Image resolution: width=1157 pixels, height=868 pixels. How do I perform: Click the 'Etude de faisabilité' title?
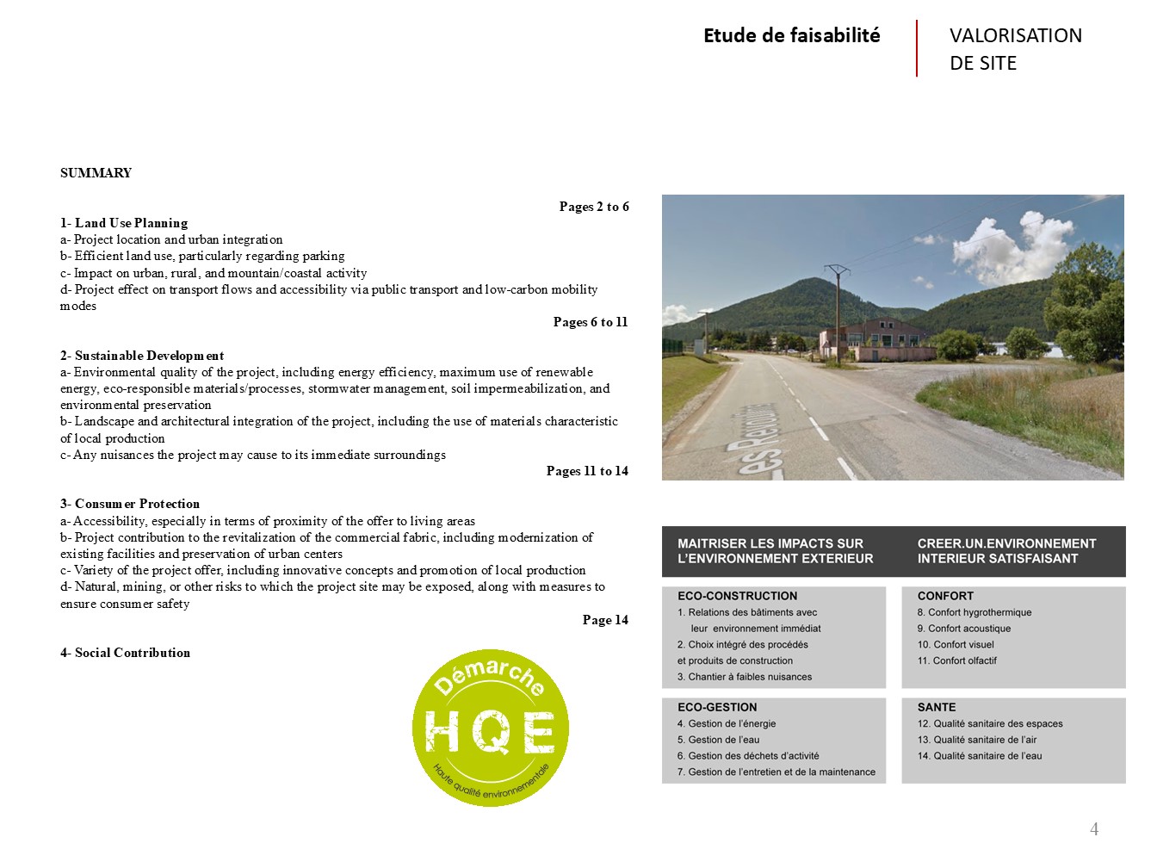coord(791,35)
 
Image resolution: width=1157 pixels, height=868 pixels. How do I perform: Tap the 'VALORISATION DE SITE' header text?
coord(1015,49)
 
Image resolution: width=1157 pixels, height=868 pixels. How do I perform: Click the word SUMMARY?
coord(96,173)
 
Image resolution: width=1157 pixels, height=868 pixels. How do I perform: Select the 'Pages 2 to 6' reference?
coord(594,207)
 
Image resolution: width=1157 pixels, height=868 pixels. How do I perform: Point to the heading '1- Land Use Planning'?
coord(124,223)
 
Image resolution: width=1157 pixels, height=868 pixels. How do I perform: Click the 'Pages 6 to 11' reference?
coord(591,322)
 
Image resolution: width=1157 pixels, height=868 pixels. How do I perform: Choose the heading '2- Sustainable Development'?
coord(142,356)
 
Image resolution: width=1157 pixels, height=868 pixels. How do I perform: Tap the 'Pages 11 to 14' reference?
coord(587,471)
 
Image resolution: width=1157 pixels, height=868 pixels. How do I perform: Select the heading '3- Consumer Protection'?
coord(130,504)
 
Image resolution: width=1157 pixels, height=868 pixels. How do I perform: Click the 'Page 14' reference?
coord(605,620)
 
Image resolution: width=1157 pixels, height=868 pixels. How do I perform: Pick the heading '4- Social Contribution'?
coord(125,653)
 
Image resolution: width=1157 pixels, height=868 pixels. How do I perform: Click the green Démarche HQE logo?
coord(490,728)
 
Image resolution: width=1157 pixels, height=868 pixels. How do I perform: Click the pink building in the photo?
coord(876,340)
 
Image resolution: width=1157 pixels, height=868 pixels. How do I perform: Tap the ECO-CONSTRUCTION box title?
coord(737,596)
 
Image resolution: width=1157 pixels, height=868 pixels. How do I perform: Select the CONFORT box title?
coord(945,596)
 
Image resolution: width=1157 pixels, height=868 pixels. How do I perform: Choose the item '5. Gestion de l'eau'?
coord(718,740)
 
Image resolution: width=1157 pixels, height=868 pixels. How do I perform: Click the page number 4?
coord(1094,829)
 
